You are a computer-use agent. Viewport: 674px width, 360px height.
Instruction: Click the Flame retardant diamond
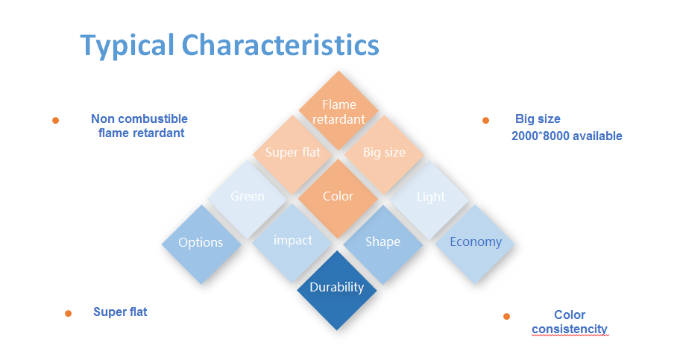(338, 111)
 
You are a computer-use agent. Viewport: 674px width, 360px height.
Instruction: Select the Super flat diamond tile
(292, 154)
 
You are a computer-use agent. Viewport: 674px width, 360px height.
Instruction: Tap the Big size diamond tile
(384, 154)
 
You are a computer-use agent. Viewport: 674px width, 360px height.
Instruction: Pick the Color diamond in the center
(338, 198)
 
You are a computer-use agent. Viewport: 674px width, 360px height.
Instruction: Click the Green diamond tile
(248, 199)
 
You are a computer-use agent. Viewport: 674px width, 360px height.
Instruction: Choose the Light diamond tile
(430, 199)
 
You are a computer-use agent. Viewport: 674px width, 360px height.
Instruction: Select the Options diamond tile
(201, 244)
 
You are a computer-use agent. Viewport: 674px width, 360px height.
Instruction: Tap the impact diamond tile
(292, 243)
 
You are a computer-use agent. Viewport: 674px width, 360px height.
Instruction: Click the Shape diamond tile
(383, 244)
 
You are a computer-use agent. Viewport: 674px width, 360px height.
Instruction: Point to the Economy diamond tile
(475, 244)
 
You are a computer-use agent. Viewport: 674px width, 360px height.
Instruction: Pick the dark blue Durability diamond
(337, 290)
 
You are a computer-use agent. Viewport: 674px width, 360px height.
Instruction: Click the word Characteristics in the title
(280, 45)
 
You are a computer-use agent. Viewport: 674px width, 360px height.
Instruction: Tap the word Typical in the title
(127, 46)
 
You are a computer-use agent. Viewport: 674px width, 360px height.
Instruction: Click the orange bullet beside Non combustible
(55, 120)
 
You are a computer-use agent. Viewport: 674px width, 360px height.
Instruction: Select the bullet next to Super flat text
(68, 313)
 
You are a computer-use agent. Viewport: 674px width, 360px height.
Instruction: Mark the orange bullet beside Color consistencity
(507, 317)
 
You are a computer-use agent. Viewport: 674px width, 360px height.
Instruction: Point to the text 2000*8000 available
(567, 136)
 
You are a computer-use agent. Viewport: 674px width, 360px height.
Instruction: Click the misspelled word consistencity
(570, 329)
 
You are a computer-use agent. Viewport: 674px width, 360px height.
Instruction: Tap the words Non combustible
(139, 119)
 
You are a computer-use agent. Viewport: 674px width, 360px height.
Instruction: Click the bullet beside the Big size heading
(485, 120)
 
